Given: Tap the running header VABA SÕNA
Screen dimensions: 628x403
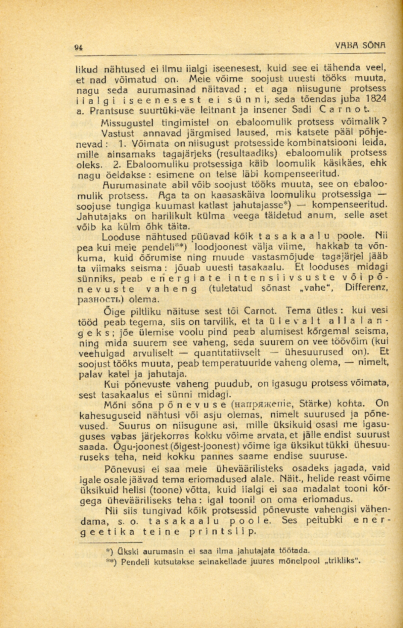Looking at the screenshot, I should [360, 46].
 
